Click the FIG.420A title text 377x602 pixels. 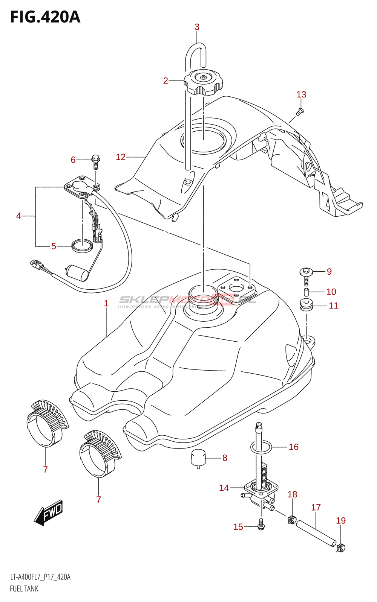pos(45,17)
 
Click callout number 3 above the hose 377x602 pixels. pos(197,27)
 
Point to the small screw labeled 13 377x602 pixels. pos(300,111)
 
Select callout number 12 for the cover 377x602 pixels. pos(121,157)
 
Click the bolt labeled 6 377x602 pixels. pos(96,161)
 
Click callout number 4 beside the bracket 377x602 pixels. pos(18,216)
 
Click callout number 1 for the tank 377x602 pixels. pos(106,303)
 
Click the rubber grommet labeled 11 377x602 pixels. pos(306,305)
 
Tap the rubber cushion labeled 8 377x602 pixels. pos(198,458)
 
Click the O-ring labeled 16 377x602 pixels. pos(261,447)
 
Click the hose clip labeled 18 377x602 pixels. pos(291,520)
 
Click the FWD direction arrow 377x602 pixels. pos(49,512)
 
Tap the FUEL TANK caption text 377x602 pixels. pos(24,589)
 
